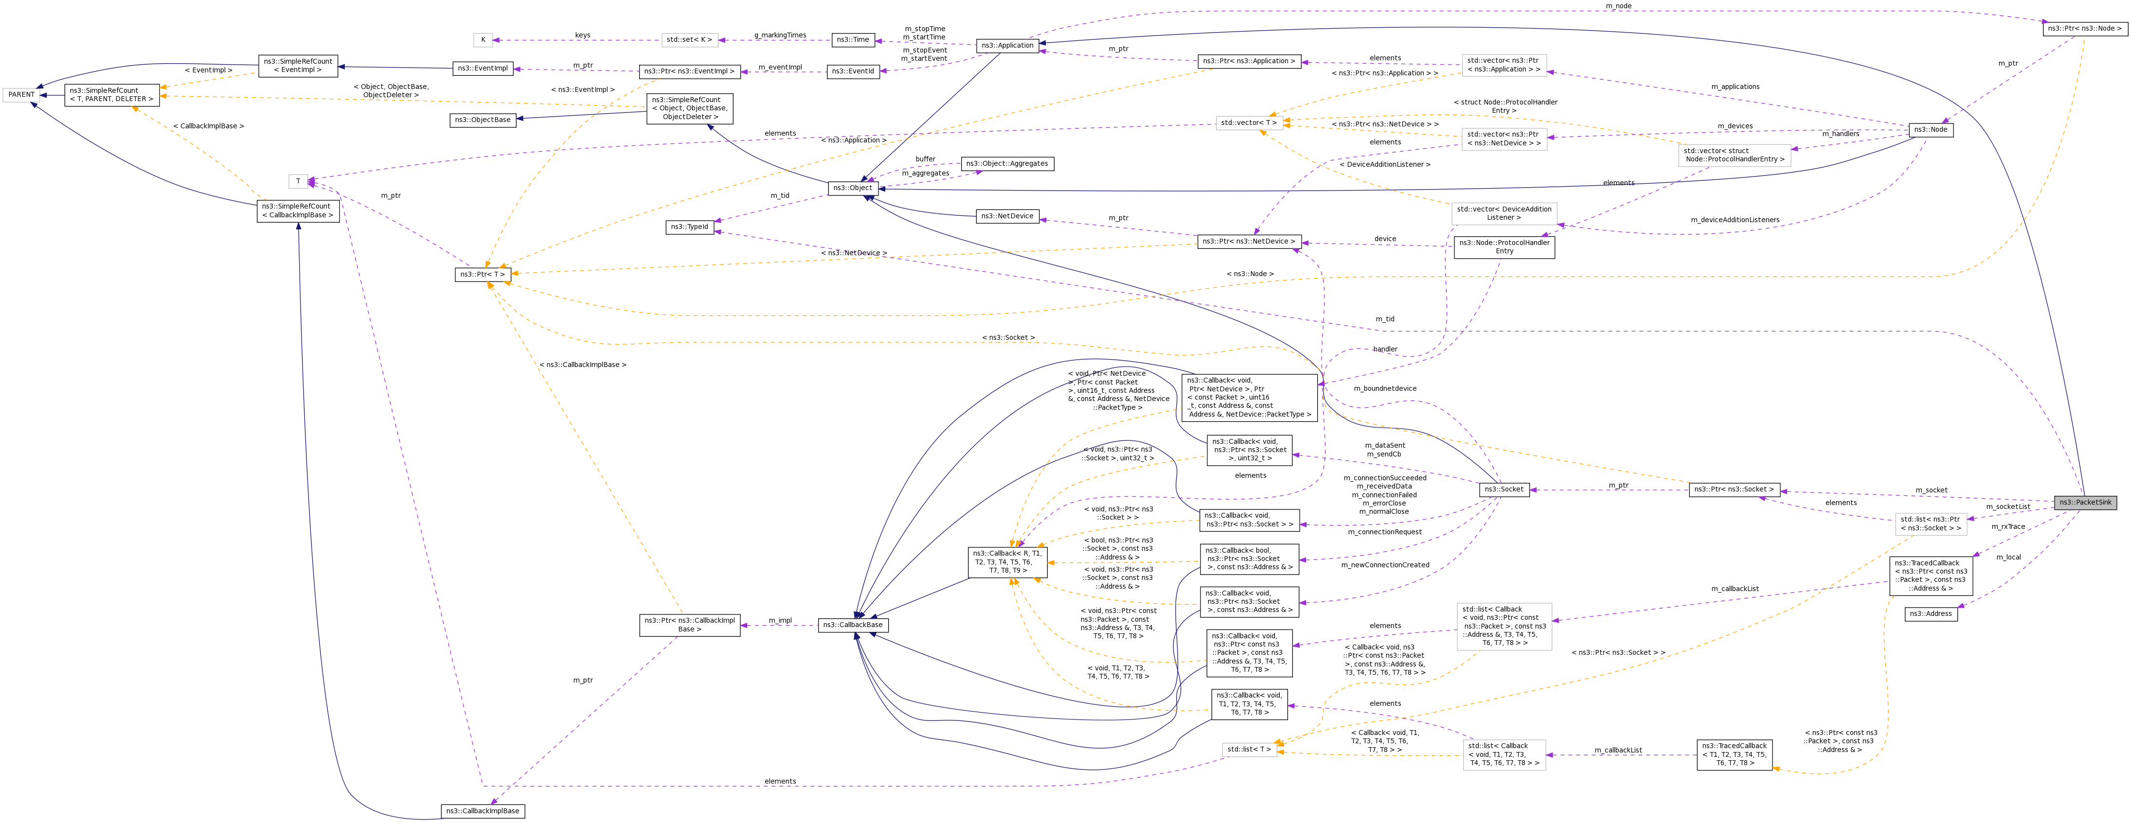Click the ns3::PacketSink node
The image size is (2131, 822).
2085,503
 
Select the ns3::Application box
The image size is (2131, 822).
1007,46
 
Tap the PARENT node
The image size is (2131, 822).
21,94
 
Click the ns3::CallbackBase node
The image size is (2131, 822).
853,625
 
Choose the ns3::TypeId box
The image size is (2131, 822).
689,227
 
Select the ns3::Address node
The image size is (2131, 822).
1930,613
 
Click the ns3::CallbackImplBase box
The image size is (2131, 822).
483,810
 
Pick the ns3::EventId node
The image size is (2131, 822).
853,71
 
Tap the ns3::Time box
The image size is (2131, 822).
852,40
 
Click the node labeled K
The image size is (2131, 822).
483,40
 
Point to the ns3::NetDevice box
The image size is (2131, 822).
1007,216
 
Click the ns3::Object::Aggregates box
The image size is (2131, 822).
1007,164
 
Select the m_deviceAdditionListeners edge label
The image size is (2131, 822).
1735,220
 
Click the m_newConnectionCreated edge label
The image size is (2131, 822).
1385,565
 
